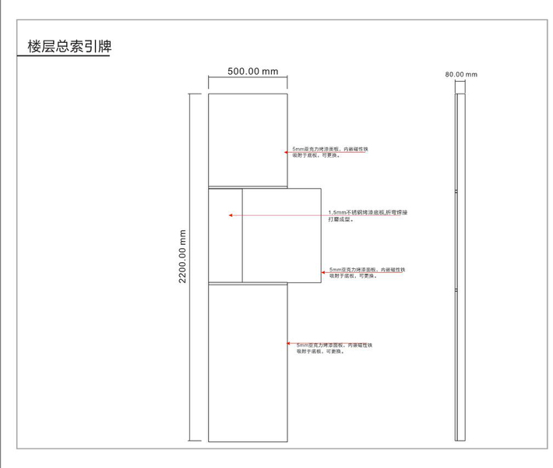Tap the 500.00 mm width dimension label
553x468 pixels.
(x=252, y=72)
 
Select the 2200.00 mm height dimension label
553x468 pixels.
(x=183, y=256)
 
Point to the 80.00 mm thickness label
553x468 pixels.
(x=461, y=75)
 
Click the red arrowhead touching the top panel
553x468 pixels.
(x=289, y=151)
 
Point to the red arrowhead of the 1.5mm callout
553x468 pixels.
(x=231, y=213)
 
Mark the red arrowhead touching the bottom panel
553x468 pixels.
(x=290, y=344)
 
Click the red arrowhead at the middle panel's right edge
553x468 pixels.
(x=323, y=271)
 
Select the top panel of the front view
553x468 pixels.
(x=248, y=140)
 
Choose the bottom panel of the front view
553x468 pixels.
(x=248, y=362)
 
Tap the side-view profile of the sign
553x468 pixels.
(x=460, y=265)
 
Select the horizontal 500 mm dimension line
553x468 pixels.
(x=248, y=79)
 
